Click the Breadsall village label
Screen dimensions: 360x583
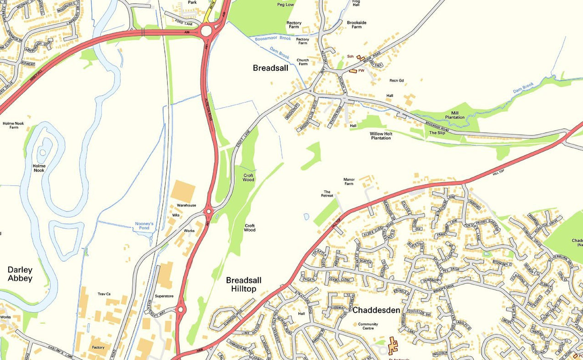click(270, 68)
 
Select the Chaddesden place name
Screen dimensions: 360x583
click(376, 310)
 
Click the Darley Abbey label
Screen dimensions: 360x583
click(20, 274)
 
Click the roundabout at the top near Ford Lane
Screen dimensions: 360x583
click(206, 30)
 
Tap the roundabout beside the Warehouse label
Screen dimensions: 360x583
click(209, 211)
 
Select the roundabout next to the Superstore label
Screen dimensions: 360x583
click(180, 309)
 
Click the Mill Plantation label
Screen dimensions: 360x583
click(455, 115)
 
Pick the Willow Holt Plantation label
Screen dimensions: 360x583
click(381, 135)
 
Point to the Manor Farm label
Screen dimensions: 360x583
click(349, 181)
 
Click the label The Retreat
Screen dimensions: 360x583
click(327, 194)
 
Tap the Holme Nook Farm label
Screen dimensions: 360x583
click(13, 125)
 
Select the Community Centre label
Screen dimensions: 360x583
click(368, 326)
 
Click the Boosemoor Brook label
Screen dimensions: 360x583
click(273, 39)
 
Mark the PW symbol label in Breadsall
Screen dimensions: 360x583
click(361, 70)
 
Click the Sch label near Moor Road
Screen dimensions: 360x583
click(350, 56)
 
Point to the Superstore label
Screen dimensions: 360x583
click(164, 296)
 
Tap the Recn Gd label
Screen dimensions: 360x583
click(397, 80)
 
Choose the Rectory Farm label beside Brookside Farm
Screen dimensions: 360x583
click(294, 25)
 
